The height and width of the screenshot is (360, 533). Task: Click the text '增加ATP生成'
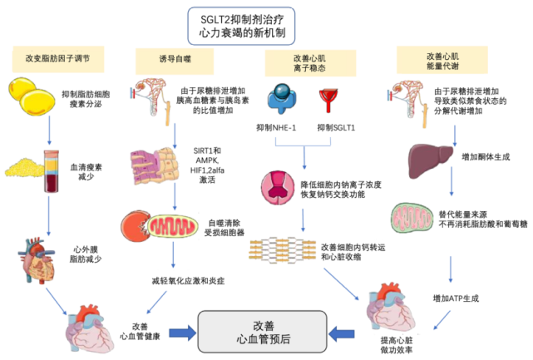455,298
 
